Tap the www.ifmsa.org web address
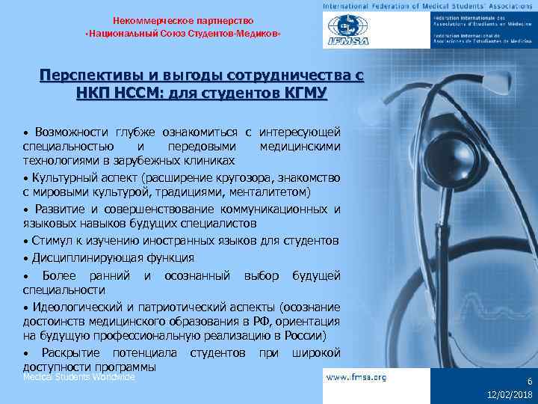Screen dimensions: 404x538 pos(357,378)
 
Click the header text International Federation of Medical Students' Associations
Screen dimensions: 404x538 pos(428,6)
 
